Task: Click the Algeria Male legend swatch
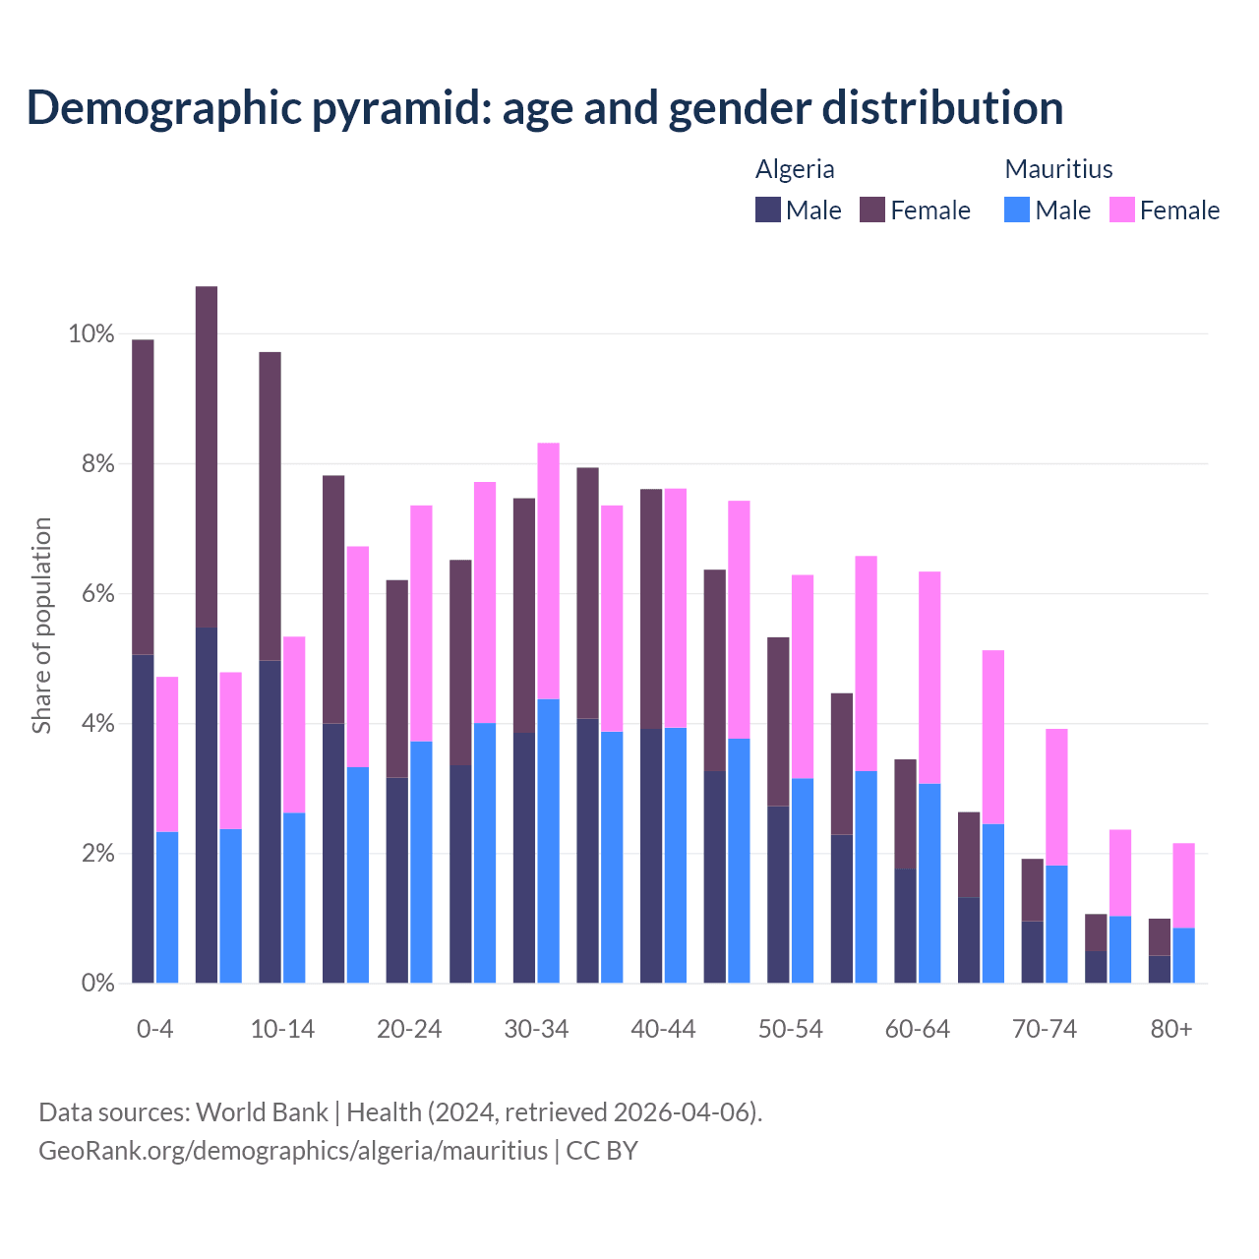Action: pyautogui.click(x=768, y=210)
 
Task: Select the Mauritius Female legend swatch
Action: pyautogui.click(x=1122, y=210)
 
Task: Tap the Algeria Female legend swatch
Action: pyautogui.click(x=872, y=210)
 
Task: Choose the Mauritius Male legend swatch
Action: pyautogui.click(x=1017, y=210)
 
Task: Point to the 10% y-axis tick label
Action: pyautogui.click(x=91, y=334)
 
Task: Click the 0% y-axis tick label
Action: pyautogui.click(x=97, y=984)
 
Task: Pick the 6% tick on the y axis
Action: pyautogui.click(x=97, y=594)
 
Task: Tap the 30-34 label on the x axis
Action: pyautogui.click(x=536, y=1029)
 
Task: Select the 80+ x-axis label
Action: pyautogui.click(x=1170, y=1029)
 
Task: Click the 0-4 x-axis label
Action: pyautogui.click(x=155, y=1029)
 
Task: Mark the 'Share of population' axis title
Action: pyautogui.click(x=41, y=626)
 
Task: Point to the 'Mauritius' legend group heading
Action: pyautogui.click(x=1058, y=169)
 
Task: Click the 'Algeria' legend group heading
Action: pyautogui.click(x=795, y=169)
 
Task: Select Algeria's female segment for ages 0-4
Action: pyautogui.click(x=143, y=497)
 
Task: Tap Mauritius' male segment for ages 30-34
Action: pyautogui.click(x=549, y=841)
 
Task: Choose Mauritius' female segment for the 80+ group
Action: pyautogui.click(x=1183, y=885)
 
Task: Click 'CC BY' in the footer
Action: pyautogui.click(x=602, y=1150)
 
